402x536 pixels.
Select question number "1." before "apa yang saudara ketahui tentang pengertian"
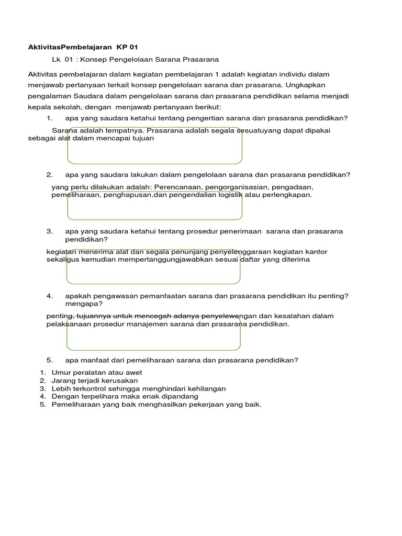pyautogui.click(x=50, y=118)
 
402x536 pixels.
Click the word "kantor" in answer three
pyautogui.click(x=317, y=252)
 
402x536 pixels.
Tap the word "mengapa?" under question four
pyautogui.click(x=84, y=304)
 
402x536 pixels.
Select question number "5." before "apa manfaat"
pyautogui.click(x=50, y=360)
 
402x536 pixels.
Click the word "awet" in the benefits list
pyautogui.click(x=133, y=373)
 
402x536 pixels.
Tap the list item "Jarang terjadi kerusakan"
pyautogui.click(x=94, y=381)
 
